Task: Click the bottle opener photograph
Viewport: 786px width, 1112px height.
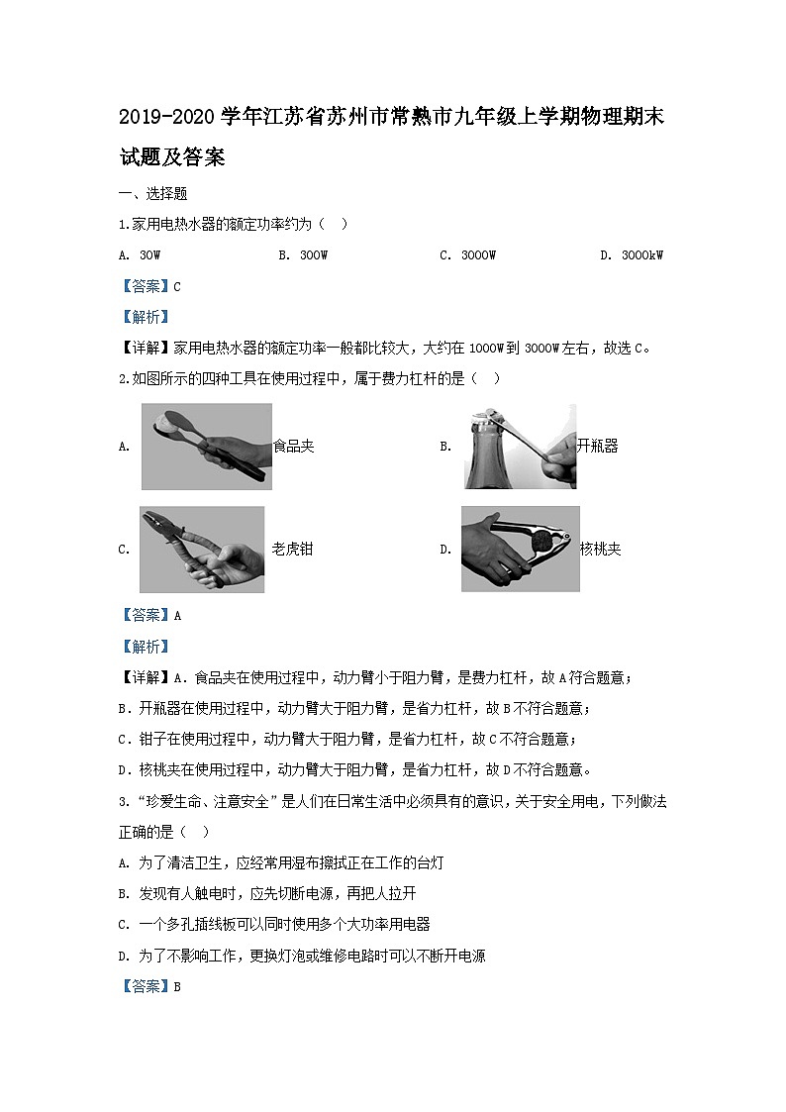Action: pos(519,447)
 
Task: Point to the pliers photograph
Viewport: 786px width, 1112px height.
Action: pos(202,550)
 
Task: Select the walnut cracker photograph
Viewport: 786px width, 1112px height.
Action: pos(520,549)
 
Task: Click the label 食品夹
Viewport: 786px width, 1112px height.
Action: pos(293,447)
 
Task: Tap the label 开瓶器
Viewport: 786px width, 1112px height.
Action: pos(597,447)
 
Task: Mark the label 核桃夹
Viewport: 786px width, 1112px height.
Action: pos(600,550)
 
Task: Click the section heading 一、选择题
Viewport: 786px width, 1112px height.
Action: pos(152,194)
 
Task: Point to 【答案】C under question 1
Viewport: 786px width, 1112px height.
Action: pos(149,286)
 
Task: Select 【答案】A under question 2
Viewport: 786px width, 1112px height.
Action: pos(149,615)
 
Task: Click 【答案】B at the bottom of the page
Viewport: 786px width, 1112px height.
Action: pos(149,986)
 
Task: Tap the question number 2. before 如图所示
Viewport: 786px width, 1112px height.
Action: pos(123,378)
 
